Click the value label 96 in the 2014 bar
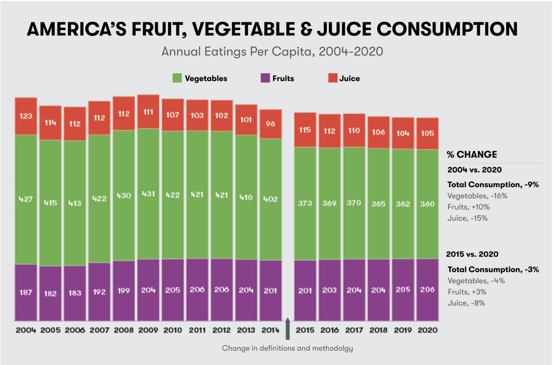[270, 124]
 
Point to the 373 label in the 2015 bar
[305, 203]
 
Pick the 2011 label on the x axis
[197, 330]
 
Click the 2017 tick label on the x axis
[354, 330]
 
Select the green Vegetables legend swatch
[177, 78]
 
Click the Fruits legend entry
[283, 78]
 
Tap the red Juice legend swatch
[333, 78]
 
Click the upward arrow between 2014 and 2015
[288, 328]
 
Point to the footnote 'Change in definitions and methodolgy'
[287, 348]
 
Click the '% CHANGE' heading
[472, 154]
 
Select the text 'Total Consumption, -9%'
[493, 185]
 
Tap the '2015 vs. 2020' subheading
[472, 254]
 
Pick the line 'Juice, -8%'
[466, 303]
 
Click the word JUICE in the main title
[344, 29]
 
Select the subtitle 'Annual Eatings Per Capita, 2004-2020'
[272, 52]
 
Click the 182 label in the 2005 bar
[50, 293]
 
